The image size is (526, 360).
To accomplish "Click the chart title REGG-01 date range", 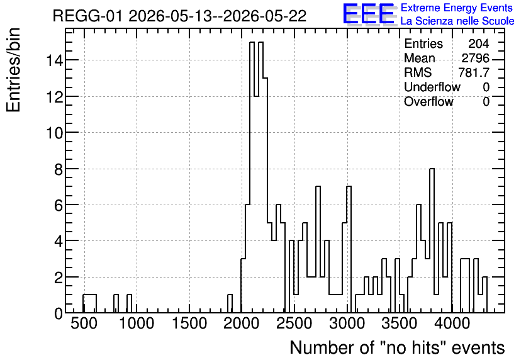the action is (179, 16).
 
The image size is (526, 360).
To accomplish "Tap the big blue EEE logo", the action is (369, 14).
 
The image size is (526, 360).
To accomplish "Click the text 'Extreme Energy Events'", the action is (457, 8).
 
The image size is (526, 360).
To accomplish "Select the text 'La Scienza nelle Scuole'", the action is (457, 21).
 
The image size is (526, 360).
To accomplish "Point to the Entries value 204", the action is (479, 43).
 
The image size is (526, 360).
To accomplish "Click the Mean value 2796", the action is (475, 58).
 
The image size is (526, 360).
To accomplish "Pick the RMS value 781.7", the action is (474, 72).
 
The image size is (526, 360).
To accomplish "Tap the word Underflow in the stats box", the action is (432, 87).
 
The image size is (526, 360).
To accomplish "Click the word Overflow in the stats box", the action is (428, 101).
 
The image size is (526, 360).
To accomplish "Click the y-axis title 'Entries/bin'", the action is (13, 70).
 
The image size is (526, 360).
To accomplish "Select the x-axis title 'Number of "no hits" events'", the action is (397, 347).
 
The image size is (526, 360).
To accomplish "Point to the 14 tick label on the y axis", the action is (54, 60).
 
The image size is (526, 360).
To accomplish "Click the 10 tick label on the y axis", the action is (54, 133).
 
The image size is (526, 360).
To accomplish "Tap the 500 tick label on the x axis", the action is (84, 323).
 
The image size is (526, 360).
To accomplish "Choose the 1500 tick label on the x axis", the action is (189, 323).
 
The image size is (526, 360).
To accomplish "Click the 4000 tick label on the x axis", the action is (452, 323).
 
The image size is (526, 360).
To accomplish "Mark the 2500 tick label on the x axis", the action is (294, 323).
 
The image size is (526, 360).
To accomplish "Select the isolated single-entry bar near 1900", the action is (230, 303).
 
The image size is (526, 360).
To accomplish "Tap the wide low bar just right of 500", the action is (89, 303).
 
